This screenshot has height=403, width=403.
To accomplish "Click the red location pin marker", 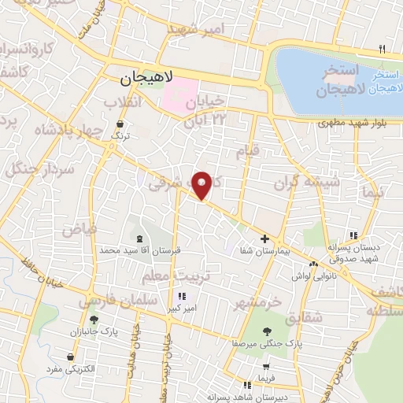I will click(x=203, y=184).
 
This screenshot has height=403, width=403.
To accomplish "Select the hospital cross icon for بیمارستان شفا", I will click(x=264, y=238).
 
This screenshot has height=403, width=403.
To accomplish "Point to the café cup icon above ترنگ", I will click(x=120, y=124).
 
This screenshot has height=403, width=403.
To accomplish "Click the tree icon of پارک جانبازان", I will click(x=94, y=320).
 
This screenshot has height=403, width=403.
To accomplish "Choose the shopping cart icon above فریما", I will click(x=267, y=367).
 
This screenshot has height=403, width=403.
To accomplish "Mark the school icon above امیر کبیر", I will click(x=183, y=297).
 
